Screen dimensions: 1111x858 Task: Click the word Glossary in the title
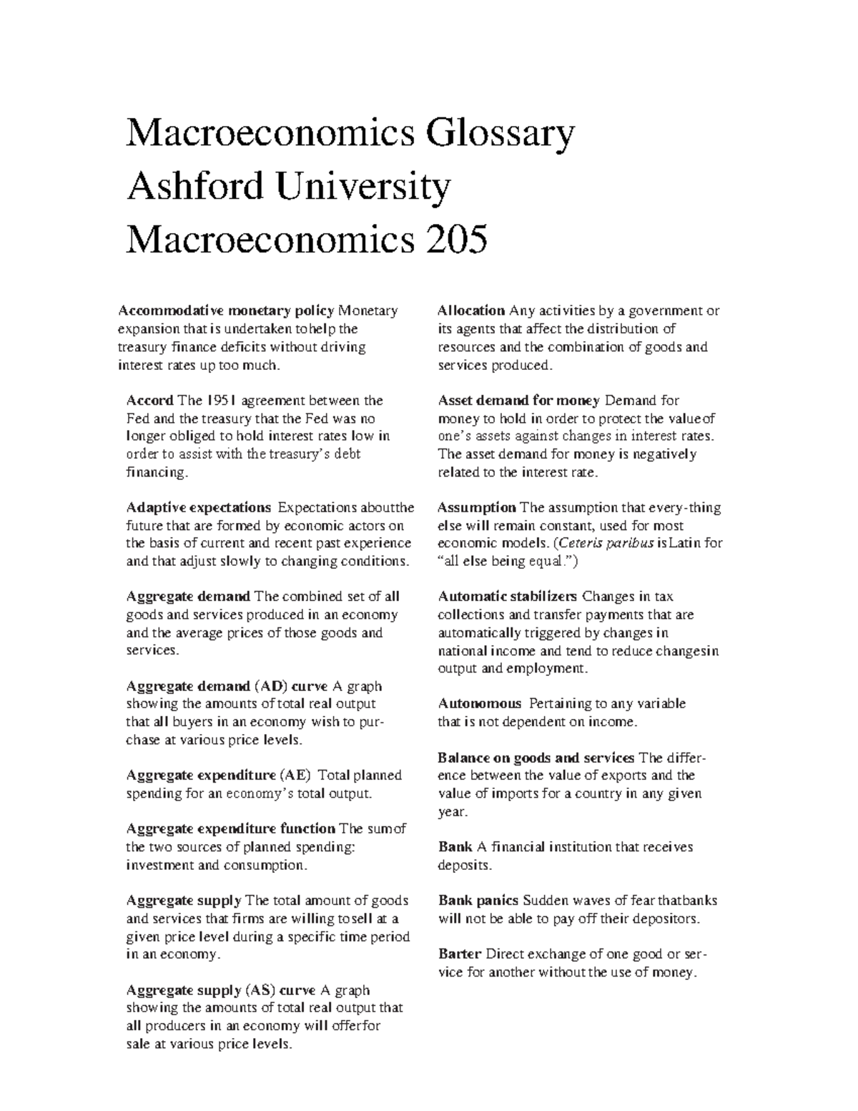pos(498,134)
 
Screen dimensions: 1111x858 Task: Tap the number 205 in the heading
pos(457,240)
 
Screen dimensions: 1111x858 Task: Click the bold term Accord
pos(149,401)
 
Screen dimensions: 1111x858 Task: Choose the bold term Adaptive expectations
pos(199,508)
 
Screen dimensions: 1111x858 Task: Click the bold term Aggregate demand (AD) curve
pos(227,687)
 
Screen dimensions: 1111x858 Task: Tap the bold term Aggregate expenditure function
pos(230,829)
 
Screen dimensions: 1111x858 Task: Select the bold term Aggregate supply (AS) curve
pos(220,991)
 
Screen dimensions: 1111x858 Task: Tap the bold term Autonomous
pos(479,704)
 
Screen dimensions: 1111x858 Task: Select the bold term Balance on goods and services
pos(536,758)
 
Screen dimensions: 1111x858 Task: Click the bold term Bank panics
pos(478,901)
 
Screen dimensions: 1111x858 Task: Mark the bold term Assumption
pos(476,508)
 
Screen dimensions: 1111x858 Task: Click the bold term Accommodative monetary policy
pos(226,311)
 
